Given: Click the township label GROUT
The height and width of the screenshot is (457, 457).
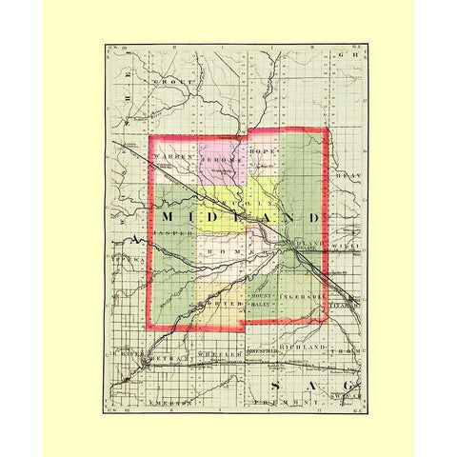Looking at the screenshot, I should tap(179, 83).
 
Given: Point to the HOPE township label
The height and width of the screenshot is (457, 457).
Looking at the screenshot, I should tap(261, 152).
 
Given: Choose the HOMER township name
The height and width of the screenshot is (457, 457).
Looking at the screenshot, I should tap(233, 251).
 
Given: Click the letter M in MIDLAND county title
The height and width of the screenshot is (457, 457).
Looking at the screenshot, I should tap(179, 218).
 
